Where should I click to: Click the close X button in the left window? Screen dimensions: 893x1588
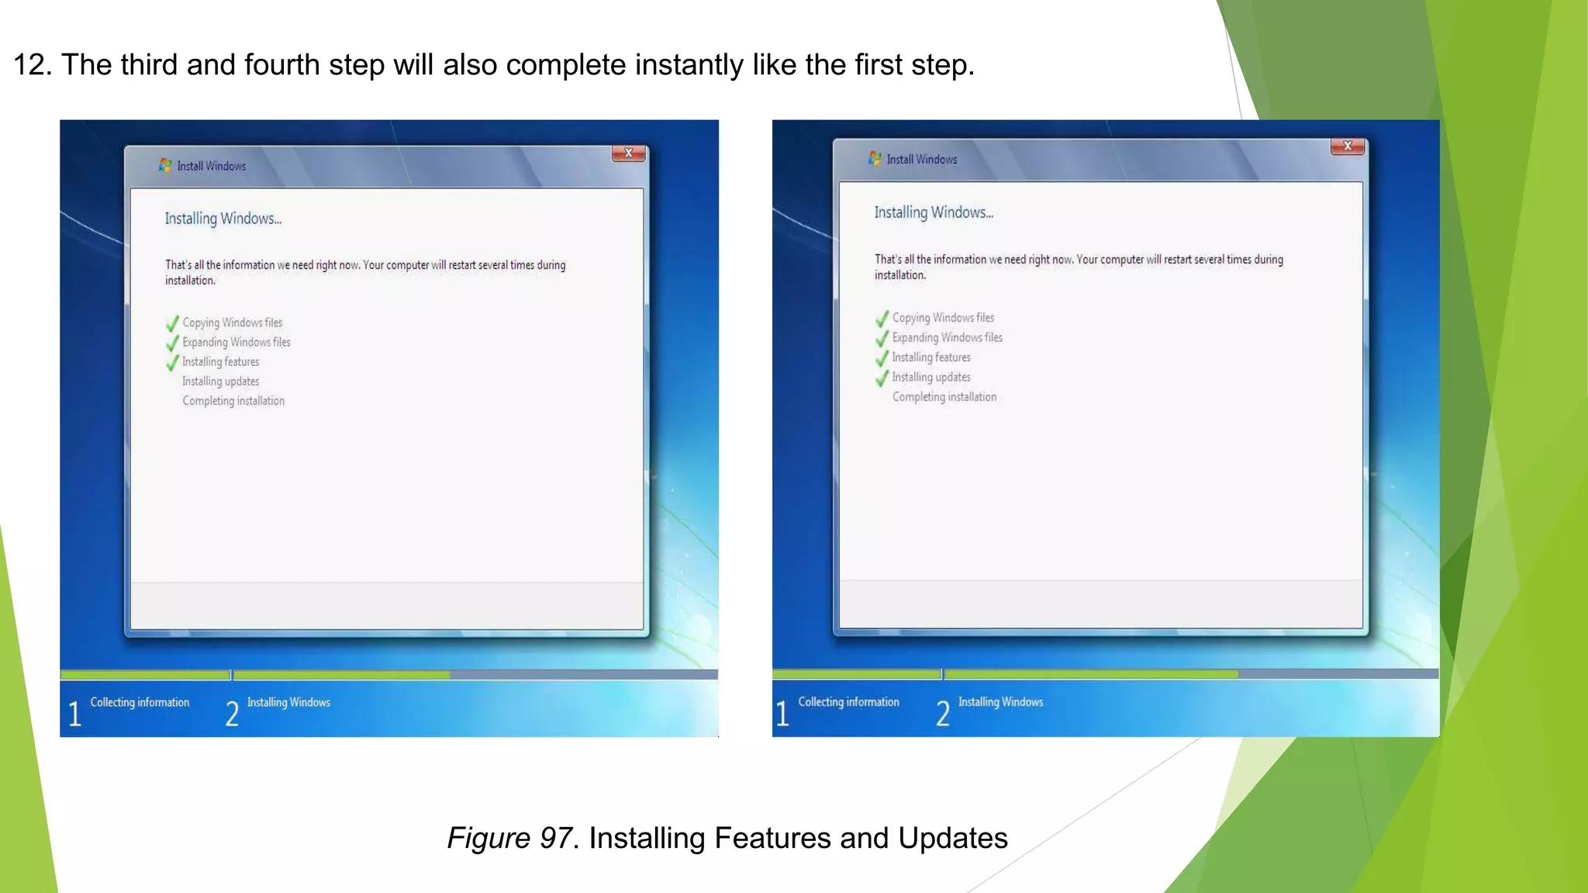629,153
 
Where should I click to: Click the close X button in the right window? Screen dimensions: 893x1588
1348,146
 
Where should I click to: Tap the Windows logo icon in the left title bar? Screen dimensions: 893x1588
165,165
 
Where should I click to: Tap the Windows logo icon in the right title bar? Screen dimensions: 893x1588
875,158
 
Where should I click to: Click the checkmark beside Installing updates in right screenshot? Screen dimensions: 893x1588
882,378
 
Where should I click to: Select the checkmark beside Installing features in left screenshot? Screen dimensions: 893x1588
172,362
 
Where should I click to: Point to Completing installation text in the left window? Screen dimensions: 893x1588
233,401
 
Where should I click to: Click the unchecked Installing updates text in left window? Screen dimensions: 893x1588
221,381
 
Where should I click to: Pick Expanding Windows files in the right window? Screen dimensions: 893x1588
947,337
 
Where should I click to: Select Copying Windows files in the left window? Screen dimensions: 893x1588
232,322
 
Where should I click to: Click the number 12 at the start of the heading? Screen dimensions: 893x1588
32,65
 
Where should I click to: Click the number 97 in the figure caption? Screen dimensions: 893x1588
555,838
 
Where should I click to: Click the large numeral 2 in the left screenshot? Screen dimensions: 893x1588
232,713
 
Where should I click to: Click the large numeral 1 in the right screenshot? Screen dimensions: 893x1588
782,713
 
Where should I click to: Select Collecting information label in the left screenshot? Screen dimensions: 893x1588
140,702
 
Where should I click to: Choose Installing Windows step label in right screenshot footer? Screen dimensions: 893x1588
1000,702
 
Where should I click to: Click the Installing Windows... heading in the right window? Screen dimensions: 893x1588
934,212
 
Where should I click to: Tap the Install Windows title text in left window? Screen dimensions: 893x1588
211,166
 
